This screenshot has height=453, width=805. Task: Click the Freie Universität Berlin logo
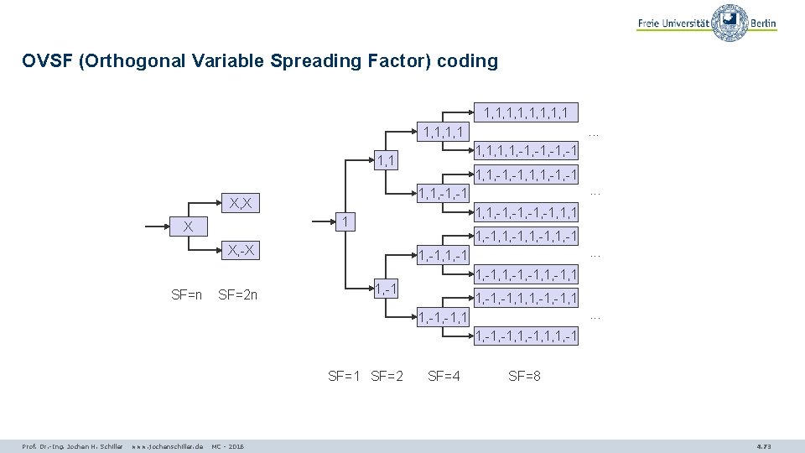706,23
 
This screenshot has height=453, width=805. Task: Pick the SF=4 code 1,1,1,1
444,131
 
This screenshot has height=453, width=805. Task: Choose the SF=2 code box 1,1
386,159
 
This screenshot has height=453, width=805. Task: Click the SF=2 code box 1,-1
386,289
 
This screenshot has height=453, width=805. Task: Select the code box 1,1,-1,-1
444,194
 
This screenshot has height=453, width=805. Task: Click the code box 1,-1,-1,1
444,316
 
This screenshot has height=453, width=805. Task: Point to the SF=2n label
237,294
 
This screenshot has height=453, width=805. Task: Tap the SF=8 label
524,376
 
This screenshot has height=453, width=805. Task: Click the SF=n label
186,294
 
